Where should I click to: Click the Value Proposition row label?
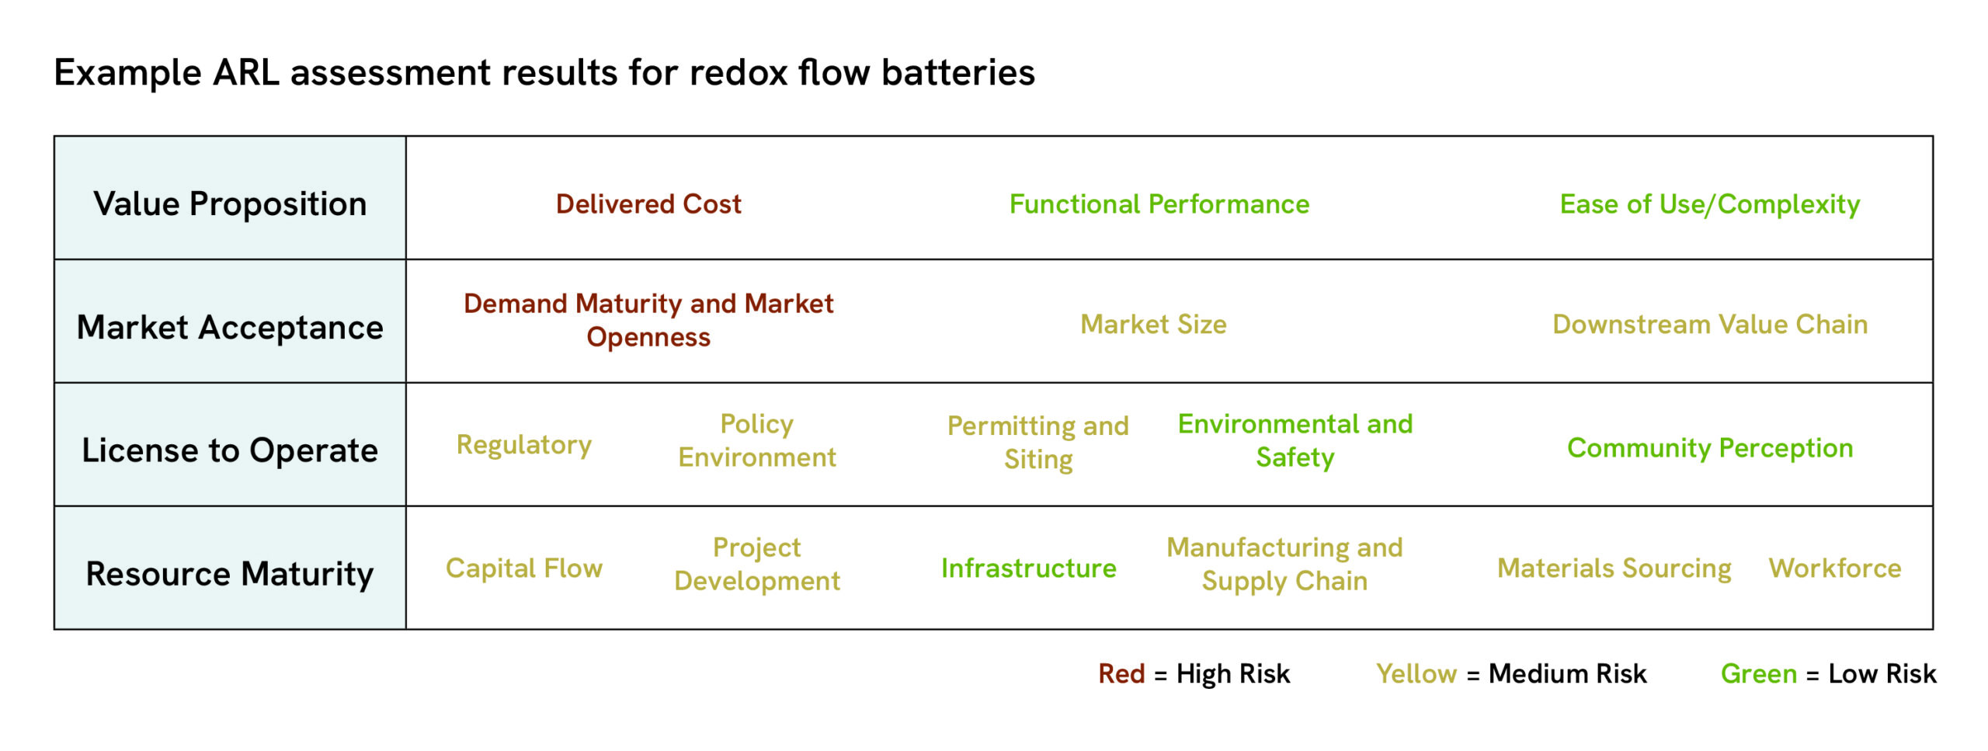(x=230, y=204)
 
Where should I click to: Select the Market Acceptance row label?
(x=230, y=328)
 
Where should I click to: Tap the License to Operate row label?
(x=230, y=450)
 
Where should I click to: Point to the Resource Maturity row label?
(x=230, y=574)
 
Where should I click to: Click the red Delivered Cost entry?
(x=648, y=204)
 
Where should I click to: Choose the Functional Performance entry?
(x=1159, y=204)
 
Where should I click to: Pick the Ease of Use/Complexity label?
(x=1709, y=204)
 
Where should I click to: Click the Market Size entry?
(x=1153, y=325)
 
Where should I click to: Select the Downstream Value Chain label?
(x=1709, y=325)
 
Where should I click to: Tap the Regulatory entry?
(x=524, y=445)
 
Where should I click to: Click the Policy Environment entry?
(x=757, y=440)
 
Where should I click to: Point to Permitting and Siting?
(x=1038, y=443)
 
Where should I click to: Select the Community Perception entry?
(x=1709, y=448)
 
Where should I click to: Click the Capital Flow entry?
(x=524, y=568)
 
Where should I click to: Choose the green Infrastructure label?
(x=1028, y=568)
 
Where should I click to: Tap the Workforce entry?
(x=1834, y=568)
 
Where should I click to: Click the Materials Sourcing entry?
(x=1614, y=568)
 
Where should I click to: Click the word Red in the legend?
(x=1121, y=673)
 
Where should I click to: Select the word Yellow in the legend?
(x=1416, y=673)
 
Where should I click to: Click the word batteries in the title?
(x=958, y=73)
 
